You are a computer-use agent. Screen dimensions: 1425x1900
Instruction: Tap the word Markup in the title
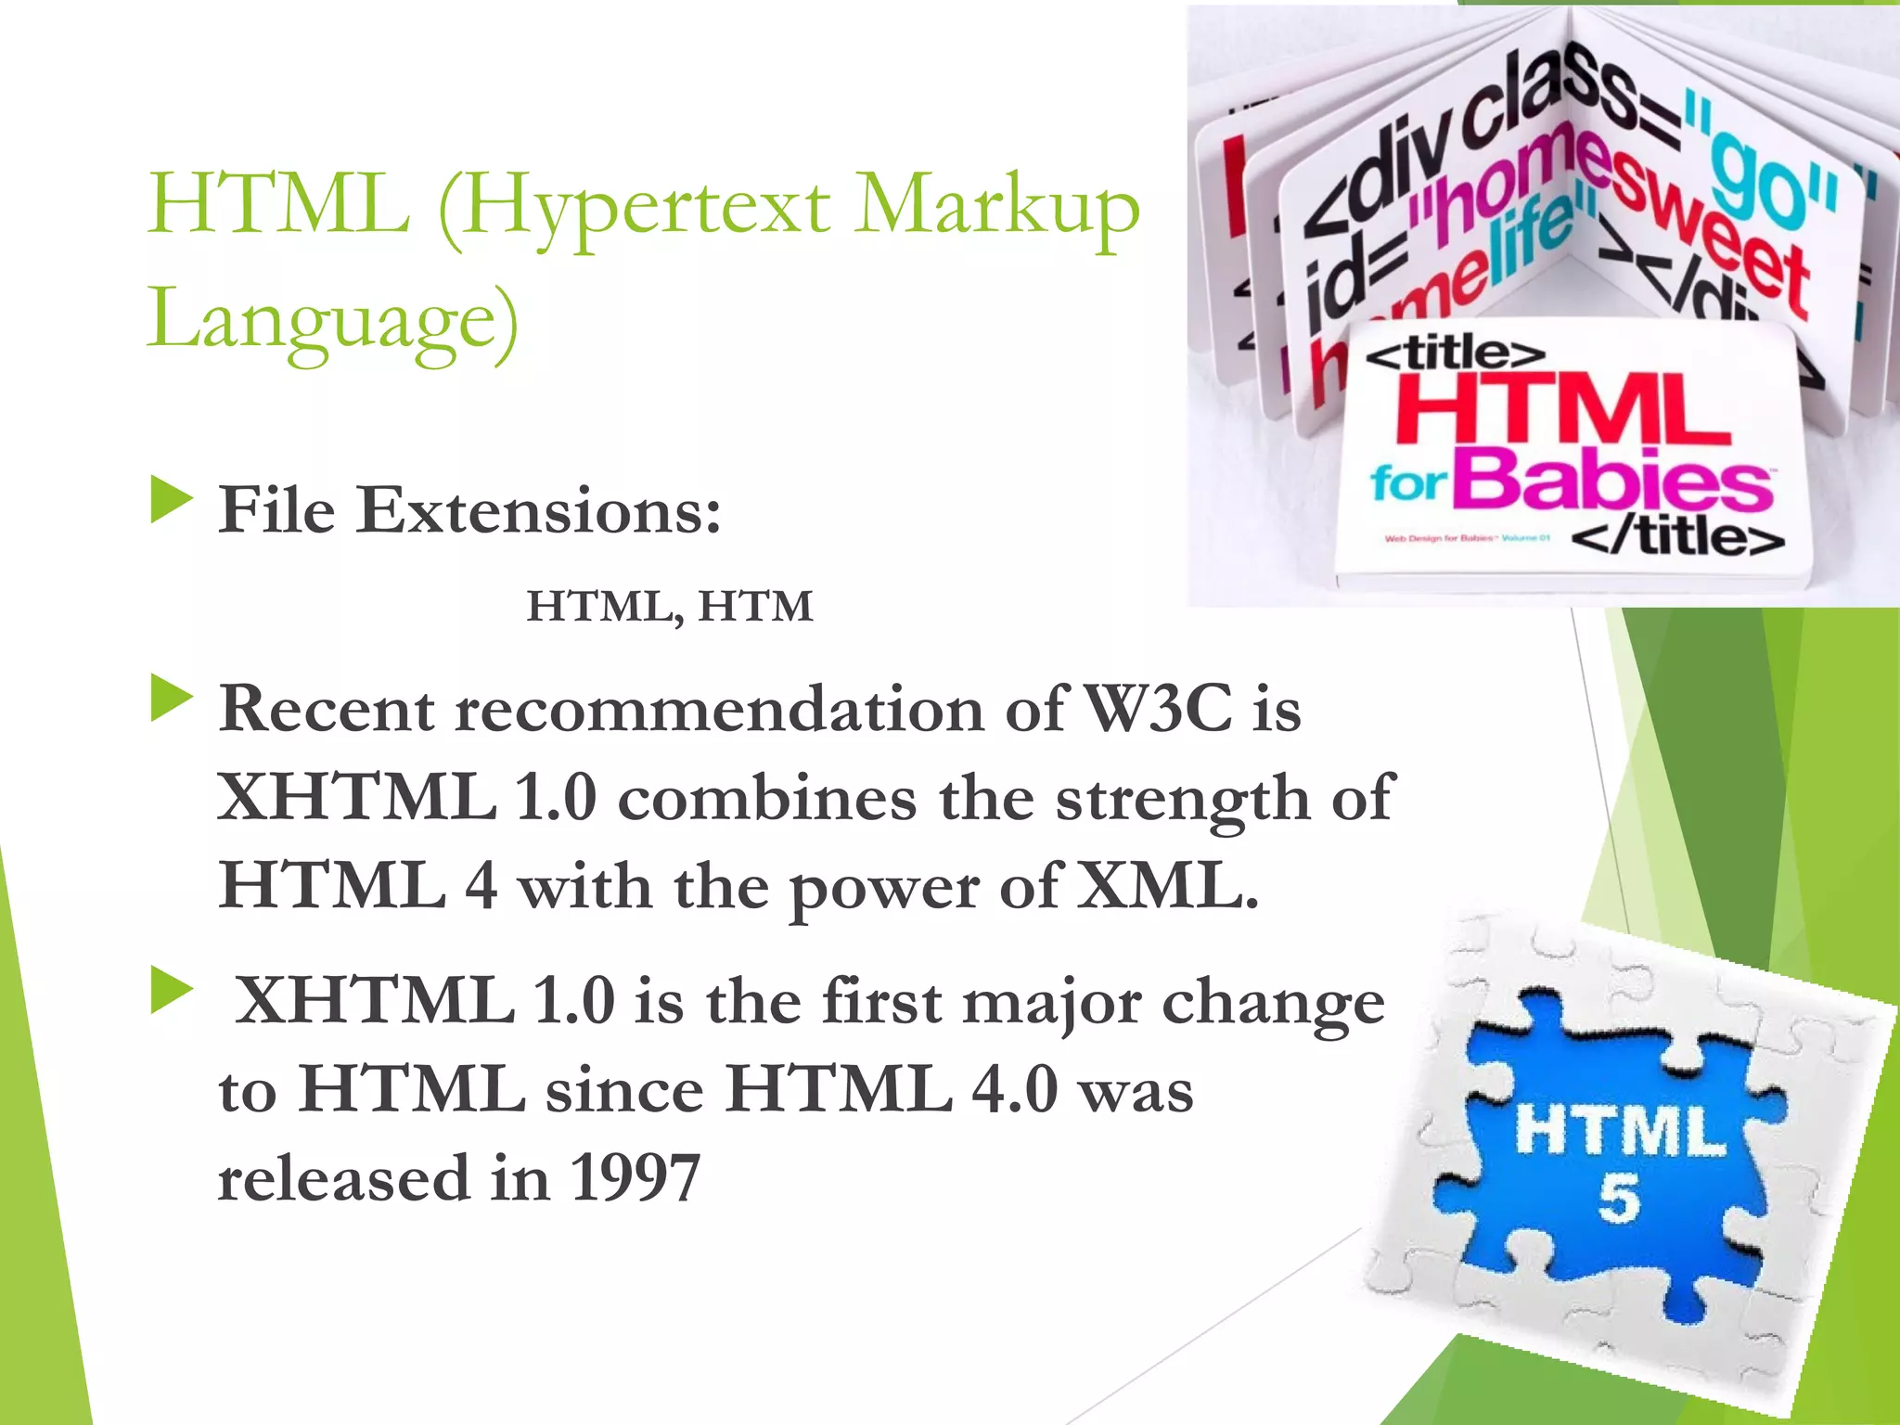click(x=996, y=206)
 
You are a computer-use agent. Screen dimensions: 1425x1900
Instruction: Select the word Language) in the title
click(x=333, y=318)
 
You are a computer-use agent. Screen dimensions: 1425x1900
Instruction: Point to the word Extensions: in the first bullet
click(x=539, y=511)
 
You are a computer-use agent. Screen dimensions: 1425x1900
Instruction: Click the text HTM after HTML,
click(x=756, y=607)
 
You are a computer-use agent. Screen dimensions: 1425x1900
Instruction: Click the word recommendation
click(x=720, y=710)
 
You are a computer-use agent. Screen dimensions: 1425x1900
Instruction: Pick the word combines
click(x=767, y=798)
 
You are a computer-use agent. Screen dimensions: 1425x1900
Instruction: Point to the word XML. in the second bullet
click(x=1167, y=886)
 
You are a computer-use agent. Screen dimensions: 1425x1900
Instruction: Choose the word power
click(x=883, y=889)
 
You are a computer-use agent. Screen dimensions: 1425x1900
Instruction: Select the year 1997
click(x=635, y=1179)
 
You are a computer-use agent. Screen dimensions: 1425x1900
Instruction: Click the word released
click(x=343, y=1179)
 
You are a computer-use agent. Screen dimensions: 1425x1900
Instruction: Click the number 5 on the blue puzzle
click(x=1619, y=1198)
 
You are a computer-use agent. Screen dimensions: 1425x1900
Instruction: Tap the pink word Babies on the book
click(x=1618, y=481)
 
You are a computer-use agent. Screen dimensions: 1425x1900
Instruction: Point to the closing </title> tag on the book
click(x=1678, y=537)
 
